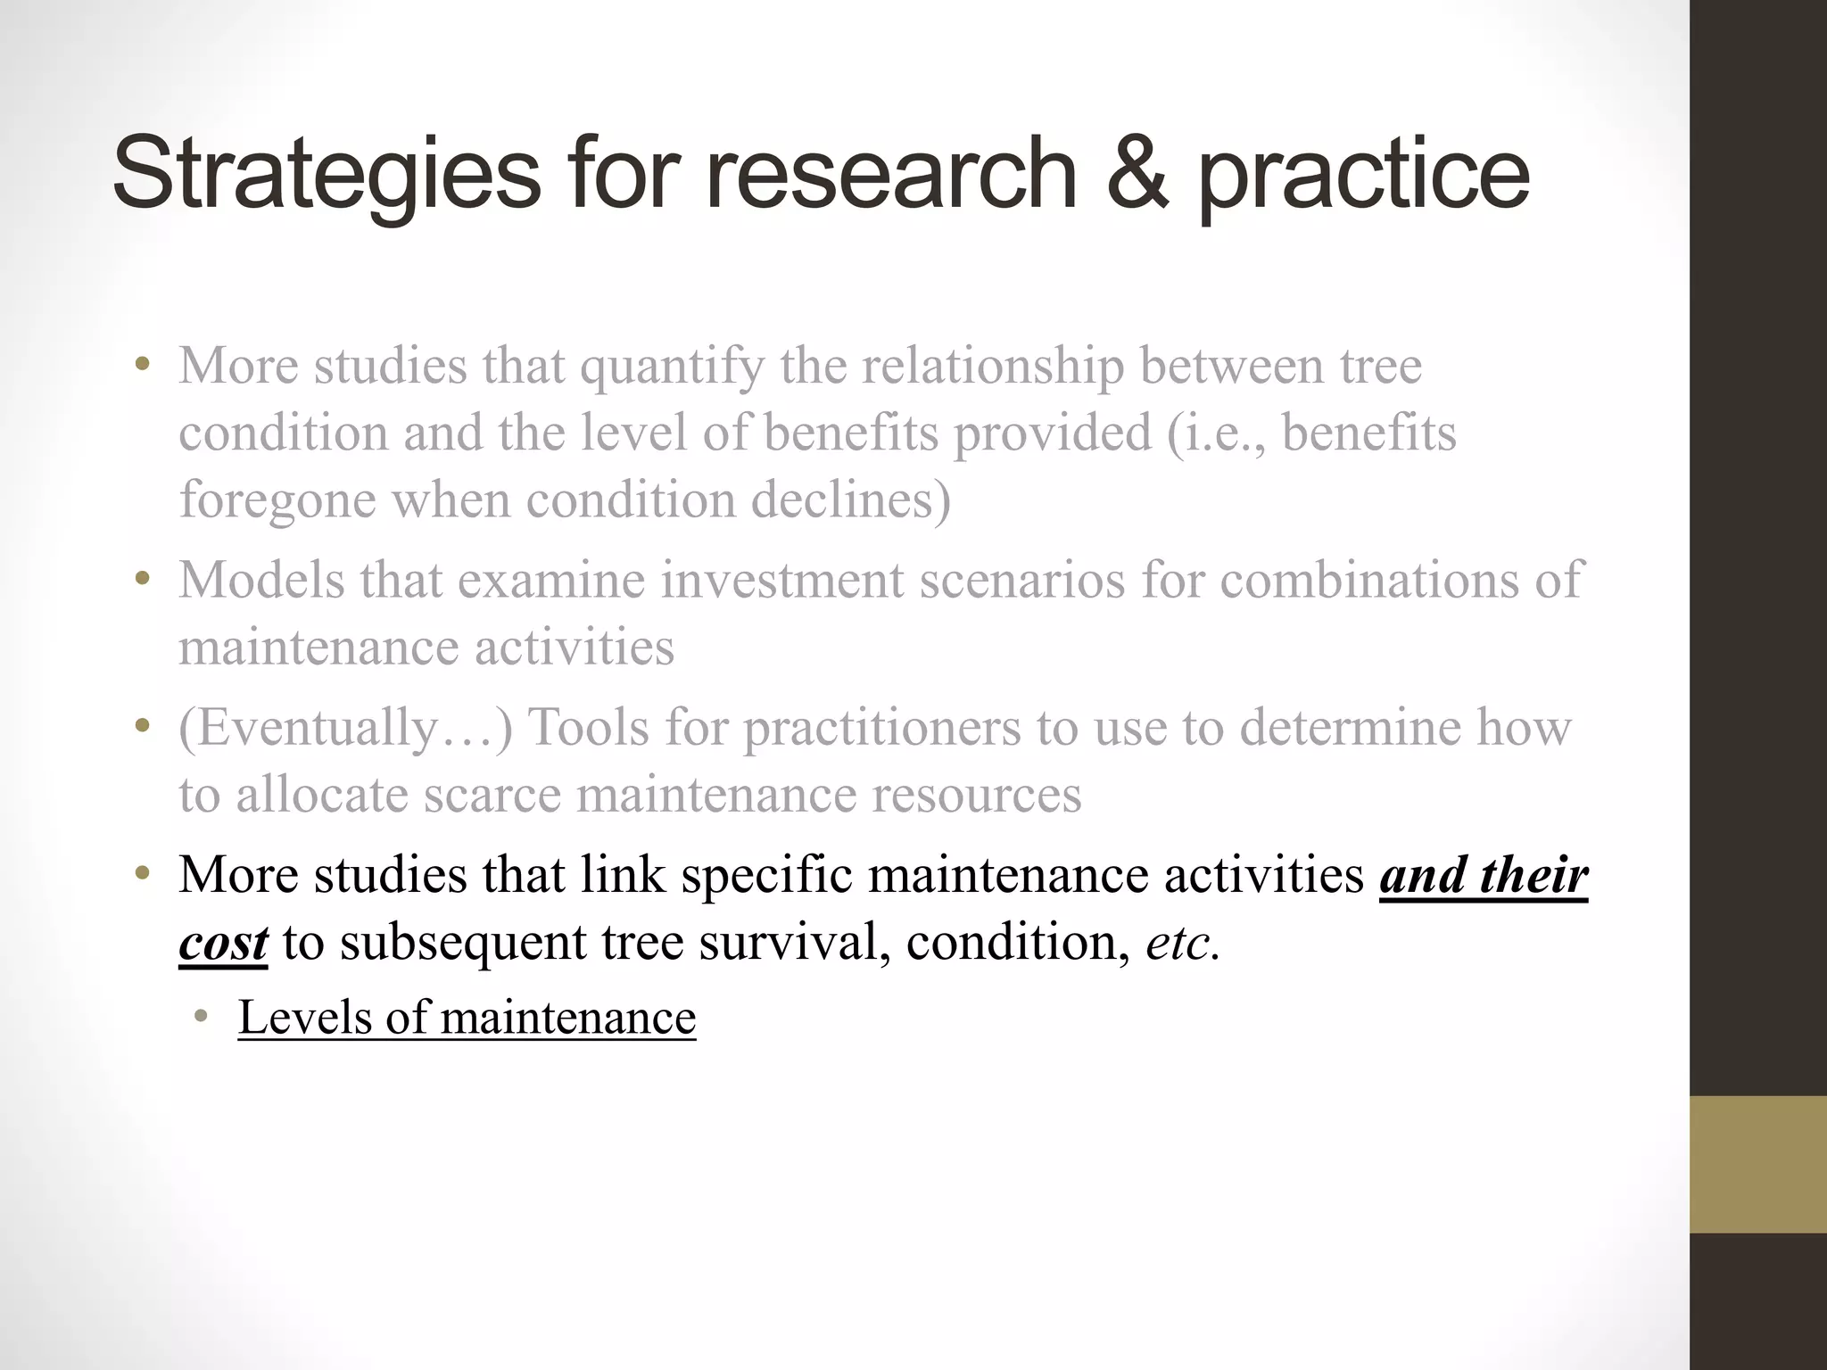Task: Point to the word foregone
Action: (277, 500)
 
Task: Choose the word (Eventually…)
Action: (345, 727)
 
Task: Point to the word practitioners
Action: (881, 727)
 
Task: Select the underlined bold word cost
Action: (223, 943)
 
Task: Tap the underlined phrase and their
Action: (1483, 875)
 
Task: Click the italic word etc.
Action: (1182, 943)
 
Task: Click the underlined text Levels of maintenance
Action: (467, 1018)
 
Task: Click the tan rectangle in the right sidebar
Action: (1757, 1164)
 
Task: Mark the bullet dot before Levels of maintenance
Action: (203, 1016)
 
